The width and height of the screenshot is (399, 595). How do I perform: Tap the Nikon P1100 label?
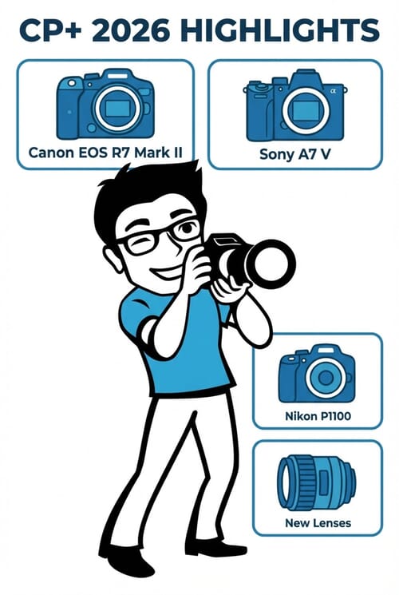pyautogui.click(x=317, y=416)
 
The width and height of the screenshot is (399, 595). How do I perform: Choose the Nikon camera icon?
pyautogui.click(x=317, y=374)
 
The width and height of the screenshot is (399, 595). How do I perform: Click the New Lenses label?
pyautogui.click(x=317, y=523)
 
